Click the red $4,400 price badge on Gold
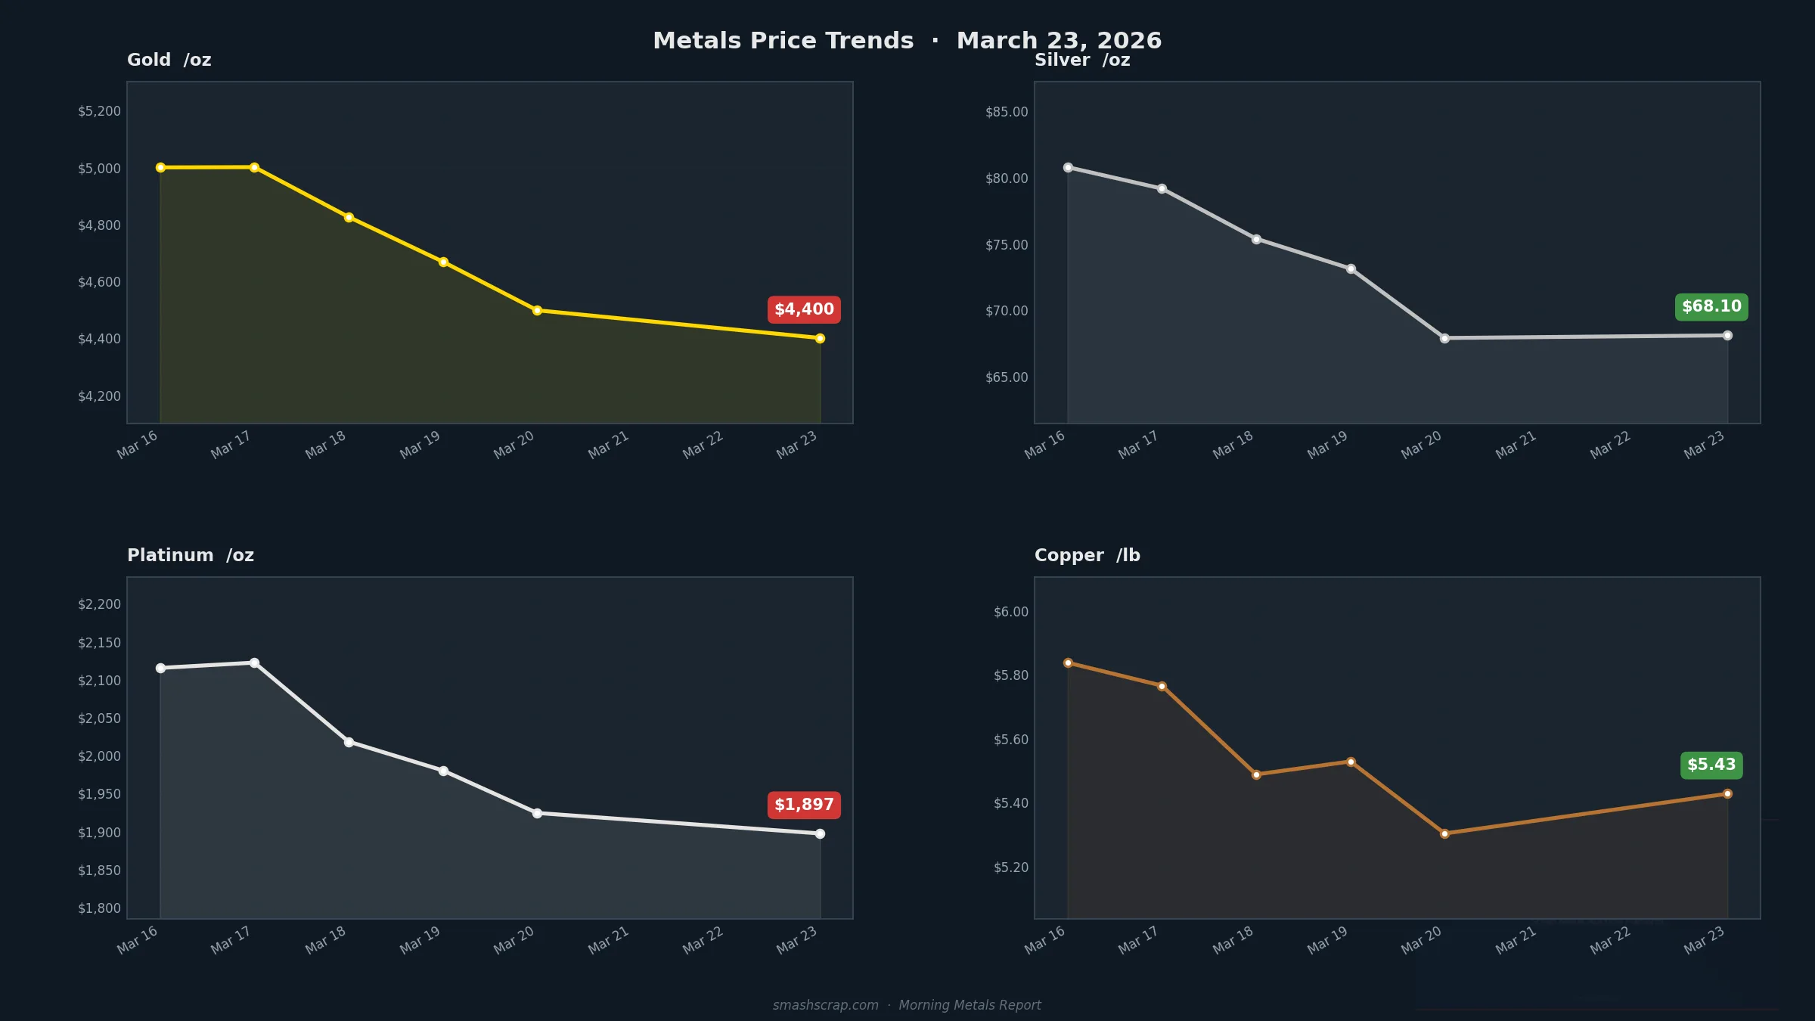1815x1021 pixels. click(x=804, y=309)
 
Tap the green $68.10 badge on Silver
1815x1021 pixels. click(x=1711, y=306)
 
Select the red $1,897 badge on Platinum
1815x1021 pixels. click(x=804, y=805)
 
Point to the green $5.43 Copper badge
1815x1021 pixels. click(x=1711, y=765)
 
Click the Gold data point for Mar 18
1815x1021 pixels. click(x=349, y=218)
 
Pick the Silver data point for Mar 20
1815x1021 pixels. click(x=1444, y=338)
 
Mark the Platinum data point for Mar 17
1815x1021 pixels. click(x=254, y=663)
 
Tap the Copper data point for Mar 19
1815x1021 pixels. click(x=1351, y=762)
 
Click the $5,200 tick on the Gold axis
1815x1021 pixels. click(x=99, y=111)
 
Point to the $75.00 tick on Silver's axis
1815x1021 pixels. click(x=1007, y=245)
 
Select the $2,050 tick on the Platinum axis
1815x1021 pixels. click(x=99, y=718)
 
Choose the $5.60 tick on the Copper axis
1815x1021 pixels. click(x=1011, y=740)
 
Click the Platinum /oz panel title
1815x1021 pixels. click(x=191, y=555)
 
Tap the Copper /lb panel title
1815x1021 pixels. click(x=1087, y=555)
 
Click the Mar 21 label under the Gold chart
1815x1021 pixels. click(x=609, y=445)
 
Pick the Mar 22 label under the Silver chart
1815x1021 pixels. click(x=1610, y=445)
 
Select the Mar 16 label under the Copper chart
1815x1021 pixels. click(x=1044, y=940)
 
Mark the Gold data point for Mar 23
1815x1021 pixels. click(x=820, y=339)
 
